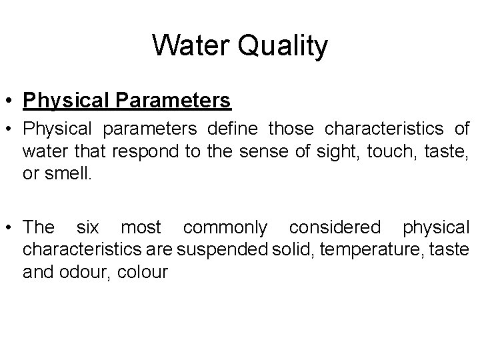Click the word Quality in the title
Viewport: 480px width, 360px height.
283,46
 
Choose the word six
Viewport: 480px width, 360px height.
87,227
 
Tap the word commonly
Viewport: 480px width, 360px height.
225,227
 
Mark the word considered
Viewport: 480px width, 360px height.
336,227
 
